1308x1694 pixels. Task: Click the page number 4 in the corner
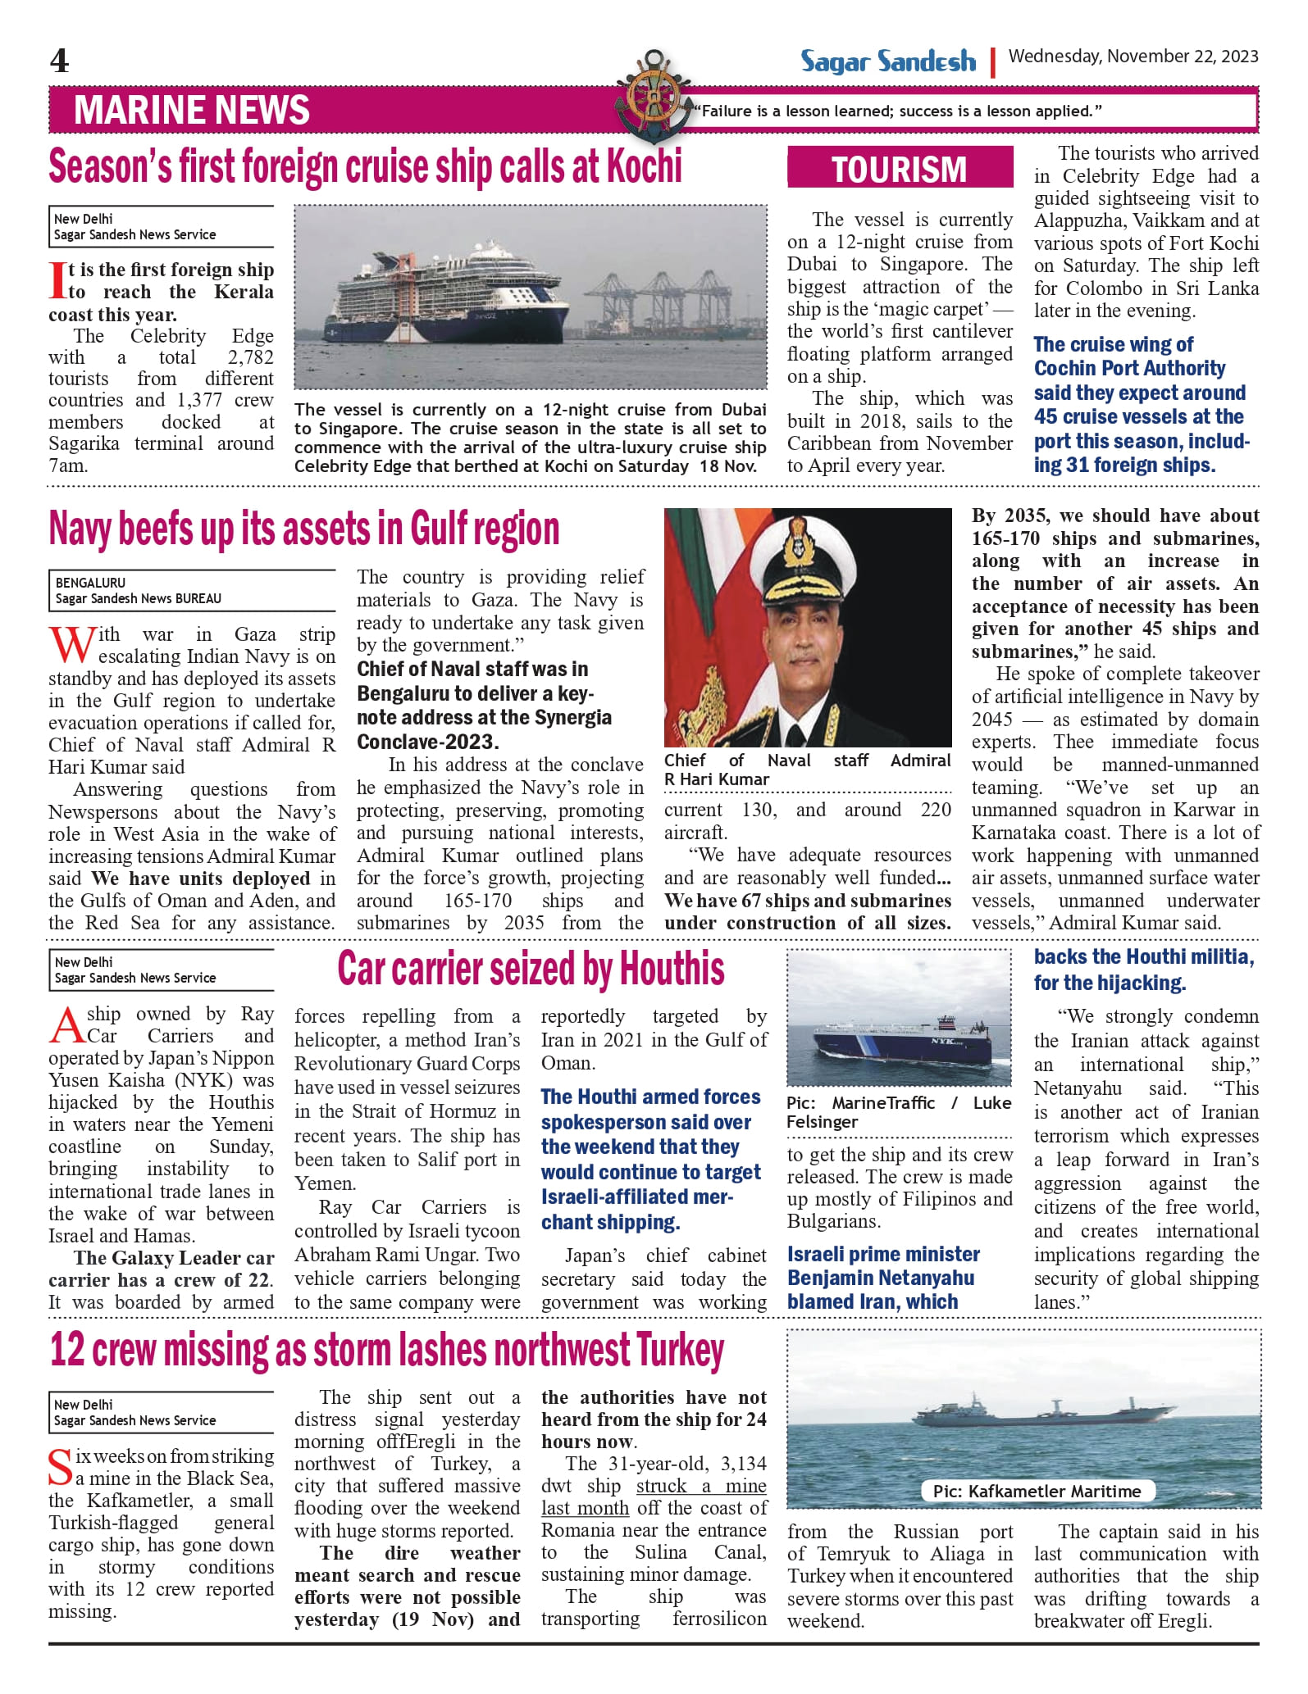pos(59,61)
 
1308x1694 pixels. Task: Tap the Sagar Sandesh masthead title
pos(888,61)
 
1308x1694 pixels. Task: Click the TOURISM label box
pos(900,169)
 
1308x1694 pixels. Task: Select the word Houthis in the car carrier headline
pos(672,969)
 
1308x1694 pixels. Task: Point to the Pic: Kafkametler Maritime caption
pos(1037,1491)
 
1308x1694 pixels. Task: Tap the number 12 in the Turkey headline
pos(68,1349)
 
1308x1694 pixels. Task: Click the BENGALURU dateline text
pos(90,583)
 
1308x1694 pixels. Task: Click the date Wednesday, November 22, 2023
pos(1133,57)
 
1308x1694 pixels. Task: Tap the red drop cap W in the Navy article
pos(71,644)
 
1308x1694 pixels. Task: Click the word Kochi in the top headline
pos(644,166)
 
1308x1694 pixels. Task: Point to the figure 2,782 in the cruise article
pos(250,357)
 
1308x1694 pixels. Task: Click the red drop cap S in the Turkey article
pos(60,1467)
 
